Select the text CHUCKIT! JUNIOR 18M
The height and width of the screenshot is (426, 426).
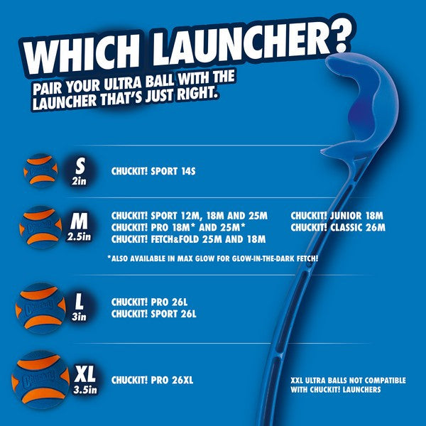point(337,215)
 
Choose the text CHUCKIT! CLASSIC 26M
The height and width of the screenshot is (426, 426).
point(338,227)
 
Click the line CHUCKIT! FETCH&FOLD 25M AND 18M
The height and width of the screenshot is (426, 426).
point(188,239)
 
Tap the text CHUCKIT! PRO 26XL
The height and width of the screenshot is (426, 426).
point(152,381)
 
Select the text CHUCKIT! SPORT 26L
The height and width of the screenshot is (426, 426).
point(153,312)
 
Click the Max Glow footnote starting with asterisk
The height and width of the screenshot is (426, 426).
point(212,258)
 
